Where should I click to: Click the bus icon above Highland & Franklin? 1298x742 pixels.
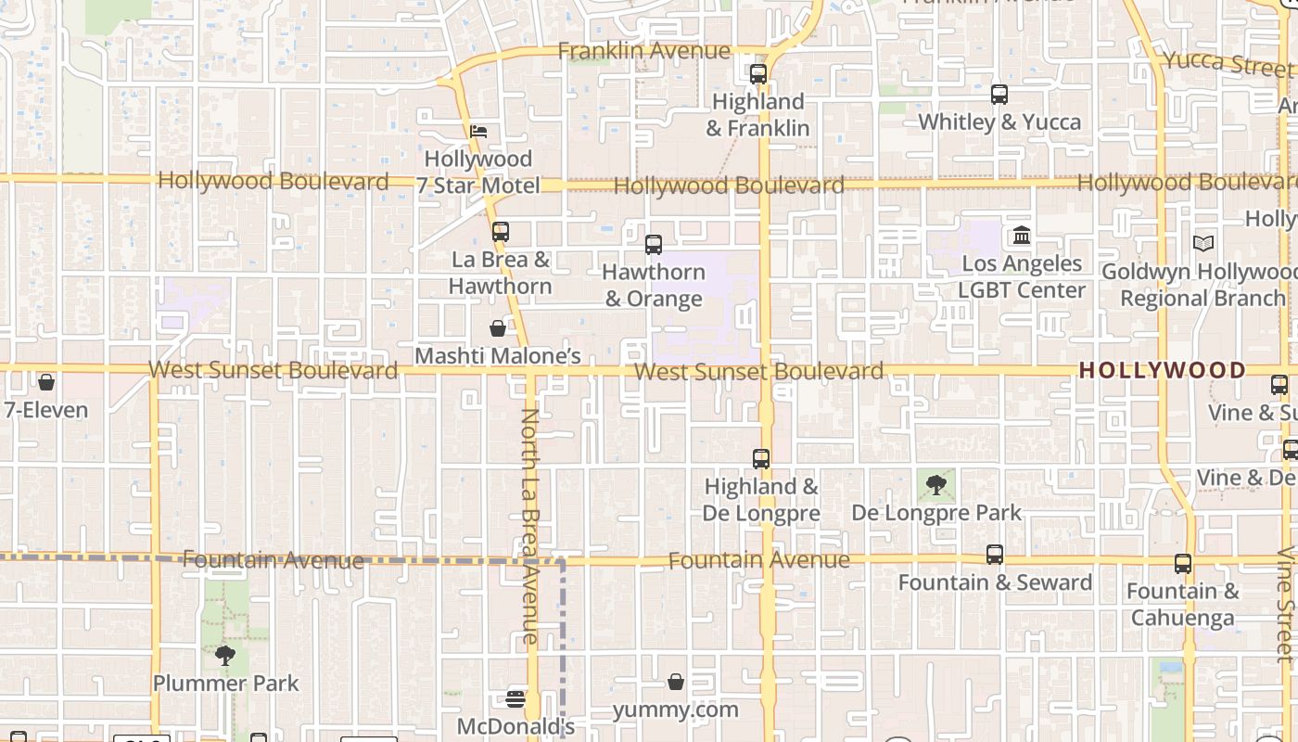coord(758,74)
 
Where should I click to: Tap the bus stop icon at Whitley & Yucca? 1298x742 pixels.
coord(999,95)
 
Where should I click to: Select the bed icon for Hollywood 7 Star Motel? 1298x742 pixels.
coord(478,132)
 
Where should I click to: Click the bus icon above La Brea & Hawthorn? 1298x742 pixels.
coord(501,232)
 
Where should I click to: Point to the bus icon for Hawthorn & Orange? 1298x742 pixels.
coord(654,245)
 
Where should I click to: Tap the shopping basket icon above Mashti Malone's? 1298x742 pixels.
coord(498,328)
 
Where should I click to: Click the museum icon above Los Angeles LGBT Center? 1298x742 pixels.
coord(1022,236)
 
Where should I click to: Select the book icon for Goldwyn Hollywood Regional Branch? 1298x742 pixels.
coord(1203,244)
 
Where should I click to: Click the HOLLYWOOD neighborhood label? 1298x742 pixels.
coord(1163,370)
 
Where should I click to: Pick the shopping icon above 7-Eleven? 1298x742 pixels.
coord(46,382)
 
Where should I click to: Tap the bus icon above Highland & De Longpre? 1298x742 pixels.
coord(761,458)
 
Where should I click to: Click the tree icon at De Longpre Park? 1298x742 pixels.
coord(936,483)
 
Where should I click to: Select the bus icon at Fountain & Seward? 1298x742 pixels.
coord(995,555)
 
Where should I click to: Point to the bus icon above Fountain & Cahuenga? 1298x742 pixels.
coord(1183,563)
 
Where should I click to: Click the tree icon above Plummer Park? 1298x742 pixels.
coord(224,656)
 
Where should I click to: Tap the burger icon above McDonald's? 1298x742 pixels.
coord(515,698)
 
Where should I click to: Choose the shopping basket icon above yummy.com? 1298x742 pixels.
coord(676,682)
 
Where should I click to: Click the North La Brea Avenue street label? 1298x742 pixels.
coord(529,526)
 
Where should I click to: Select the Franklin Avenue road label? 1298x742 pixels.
coord(643,51)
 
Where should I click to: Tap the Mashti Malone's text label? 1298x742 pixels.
coord(498,356)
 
